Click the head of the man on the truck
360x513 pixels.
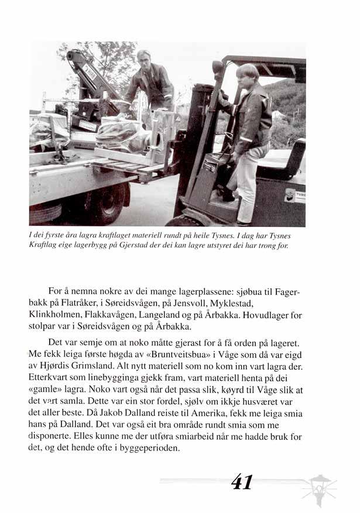[144, 60]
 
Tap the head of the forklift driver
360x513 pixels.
[246, 75]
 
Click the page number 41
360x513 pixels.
[241, 481]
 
